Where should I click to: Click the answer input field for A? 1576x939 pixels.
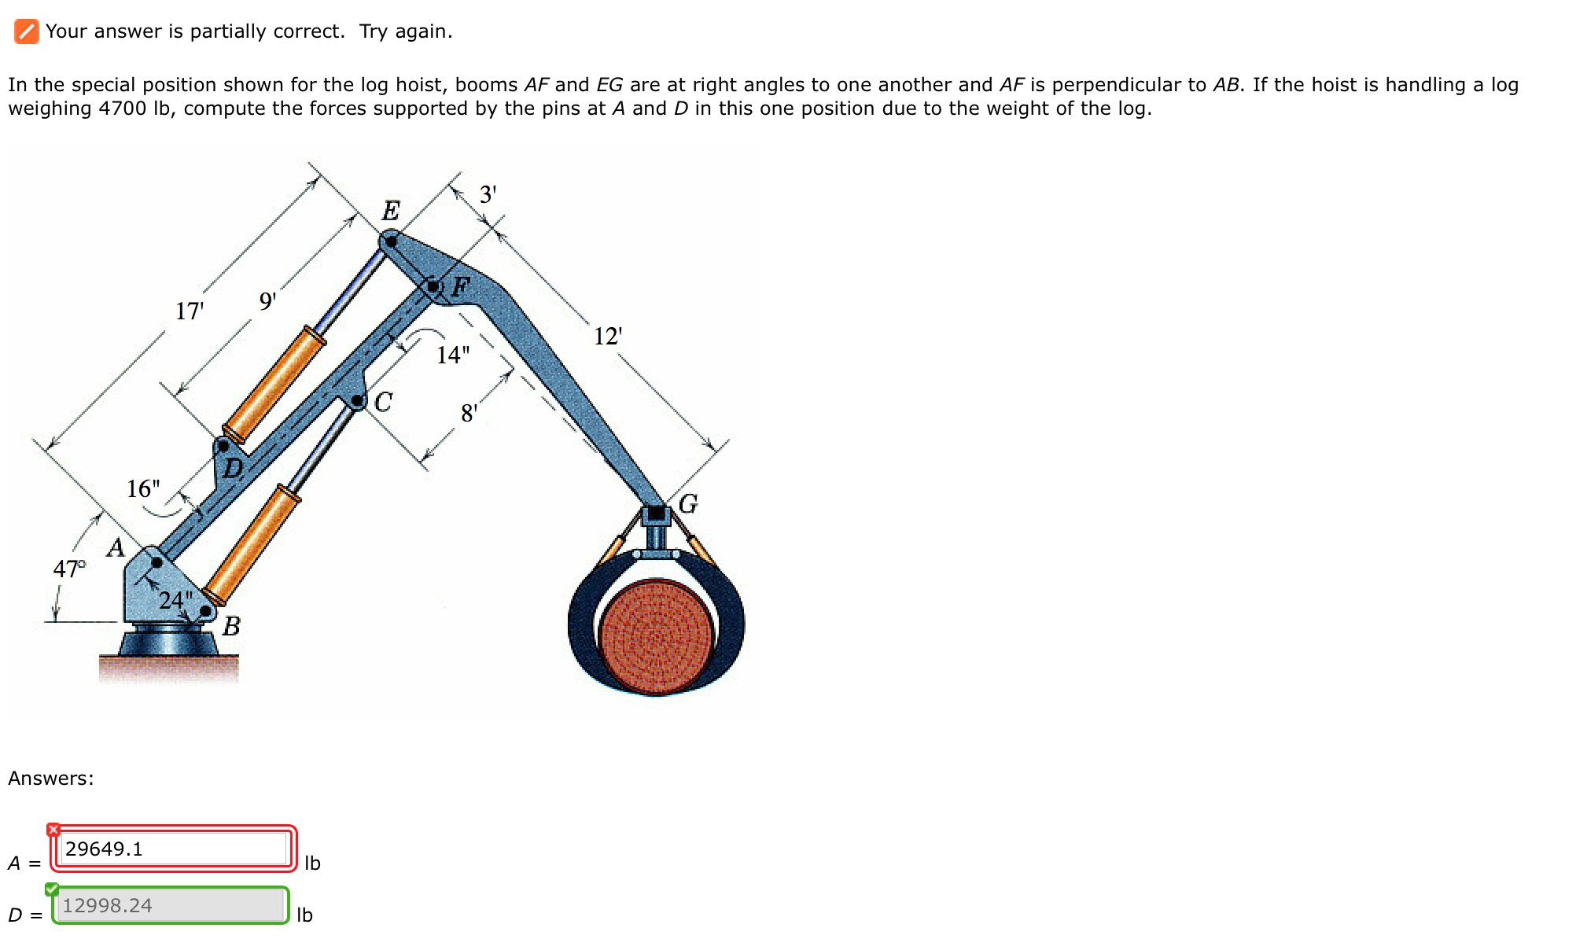point(173,849)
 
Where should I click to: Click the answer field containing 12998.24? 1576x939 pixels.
point(171,905)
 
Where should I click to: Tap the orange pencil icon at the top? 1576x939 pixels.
point(26,31)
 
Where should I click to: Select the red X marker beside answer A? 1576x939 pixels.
point(53,830)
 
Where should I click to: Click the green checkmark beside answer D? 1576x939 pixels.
point(52,889)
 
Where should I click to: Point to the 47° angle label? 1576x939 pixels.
point(69,569)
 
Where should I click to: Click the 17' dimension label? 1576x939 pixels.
point(190,311)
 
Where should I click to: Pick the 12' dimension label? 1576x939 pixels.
point(607,337)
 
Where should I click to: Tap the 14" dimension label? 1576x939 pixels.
point(453,355)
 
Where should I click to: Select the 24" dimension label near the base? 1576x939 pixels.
point(175,601)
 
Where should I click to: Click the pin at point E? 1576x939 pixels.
point(390,241)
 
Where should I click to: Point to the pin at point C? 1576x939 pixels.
point(358,401)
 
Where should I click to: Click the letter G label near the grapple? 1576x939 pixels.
point(688,503)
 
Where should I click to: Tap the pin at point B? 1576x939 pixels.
point(206,611)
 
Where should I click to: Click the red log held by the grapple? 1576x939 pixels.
point(656,637)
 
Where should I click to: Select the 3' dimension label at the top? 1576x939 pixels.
point(488,194)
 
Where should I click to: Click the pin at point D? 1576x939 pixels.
point(223,446)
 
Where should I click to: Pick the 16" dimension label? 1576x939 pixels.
point(143,489)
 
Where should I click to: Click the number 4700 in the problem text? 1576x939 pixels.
point(122,109)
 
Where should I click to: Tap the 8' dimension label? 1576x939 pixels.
point(469,413)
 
